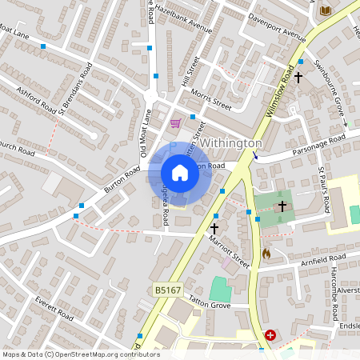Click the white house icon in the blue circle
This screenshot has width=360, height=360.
[180, 173]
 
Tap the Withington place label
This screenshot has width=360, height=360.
[230, 142]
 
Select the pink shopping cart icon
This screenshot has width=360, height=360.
[175, 123]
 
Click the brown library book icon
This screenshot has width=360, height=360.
[324, 10]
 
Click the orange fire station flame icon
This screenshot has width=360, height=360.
[266, 254]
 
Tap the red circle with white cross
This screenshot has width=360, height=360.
[271, 336]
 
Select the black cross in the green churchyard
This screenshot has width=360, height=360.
[282, 206]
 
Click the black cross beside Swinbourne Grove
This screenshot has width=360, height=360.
[298, 78]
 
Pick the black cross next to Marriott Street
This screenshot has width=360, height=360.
[214, 228]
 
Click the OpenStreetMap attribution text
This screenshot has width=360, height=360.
[81, 354]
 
